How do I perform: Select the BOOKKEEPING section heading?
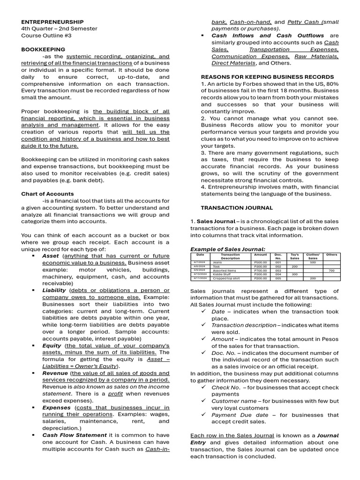tap(43, 49)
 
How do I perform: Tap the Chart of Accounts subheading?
tap(47, 194)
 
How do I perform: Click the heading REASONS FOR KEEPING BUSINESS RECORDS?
tap(267, 77)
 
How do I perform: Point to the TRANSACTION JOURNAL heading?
tap(237, 208)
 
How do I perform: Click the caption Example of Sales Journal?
tap(228, 249)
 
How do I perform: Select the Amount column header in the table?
tap(261, 255)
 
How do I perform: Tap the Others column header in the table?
tap(331, 255)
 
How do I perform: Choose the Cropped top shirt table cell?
tap(226, 278)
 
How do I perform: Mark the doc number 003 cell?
tap(278, 270)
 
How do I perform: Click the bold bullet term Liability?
tap(54, 290)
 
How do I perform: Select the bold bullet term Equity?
tap(52, 345)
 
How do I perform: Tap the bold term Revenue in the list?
tap(55, 373)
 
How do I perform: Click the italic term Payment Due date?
tap(240, 415)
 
